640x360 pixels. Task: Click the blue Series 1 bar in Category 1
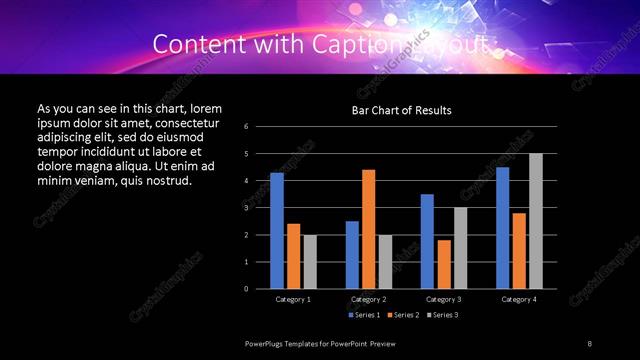point(277,230)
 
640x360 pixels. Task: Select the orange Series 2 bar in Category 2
point(369,229)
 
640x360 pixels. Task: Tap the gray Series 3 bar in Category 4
point(536,221)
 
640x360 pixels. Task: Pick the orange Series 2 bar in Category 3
point(444,264)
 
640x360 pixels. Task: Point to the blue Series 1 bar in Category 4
point(503,227)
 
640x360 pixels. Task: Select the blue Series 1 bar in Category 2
point(352,254)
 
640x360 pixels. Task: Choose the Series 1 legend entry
point(365,316)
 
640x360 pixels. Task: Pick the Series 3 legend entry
point(443,316)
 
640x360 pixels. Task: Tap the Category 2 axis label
point(369,299)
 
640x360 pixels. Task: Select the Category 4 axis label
point(519,299)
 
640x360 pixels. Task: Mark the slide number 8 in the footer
point(589,343)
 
